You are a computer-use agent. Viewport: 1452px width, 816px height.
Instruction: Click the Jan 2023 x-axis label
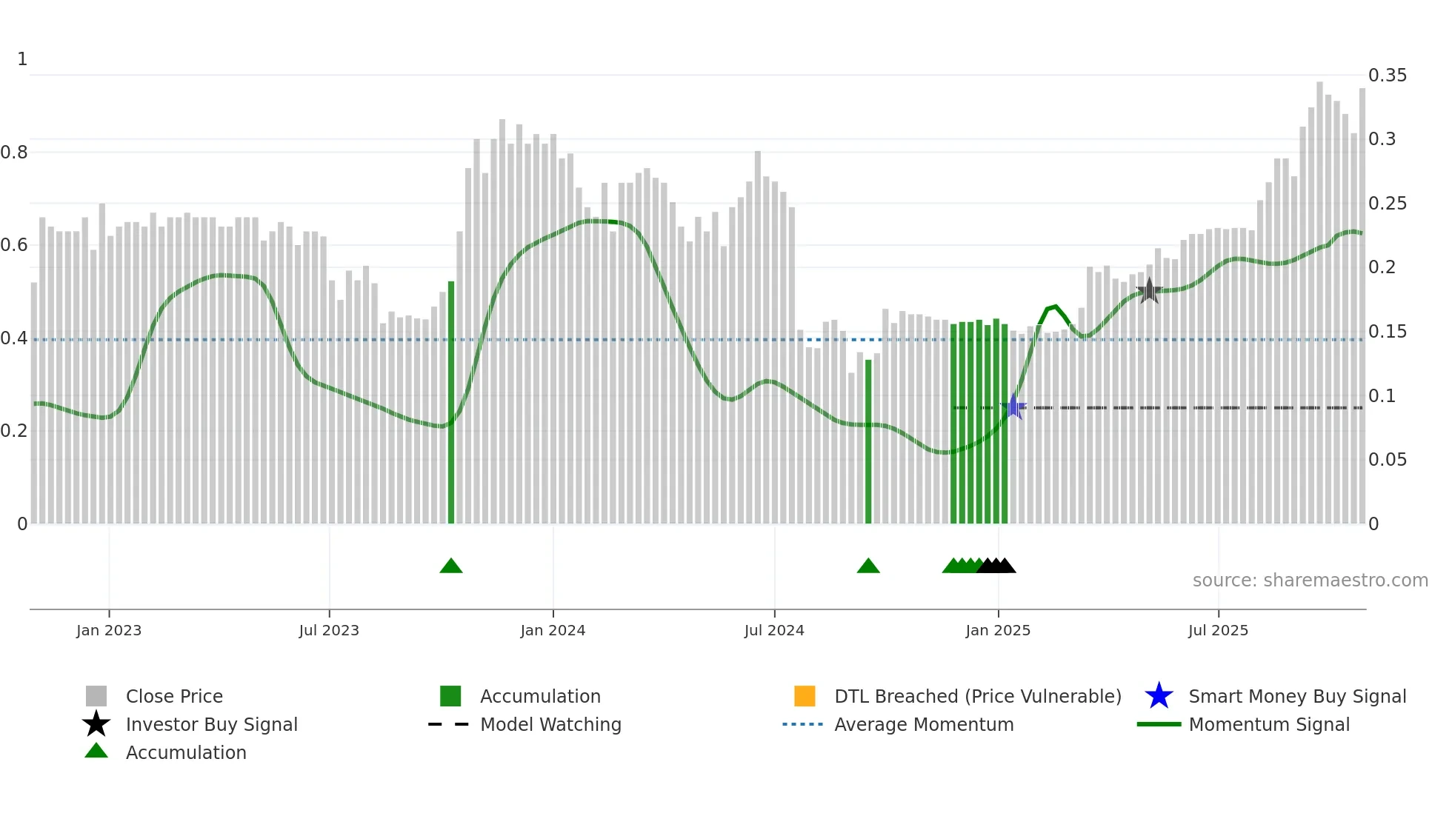tap(109, 630)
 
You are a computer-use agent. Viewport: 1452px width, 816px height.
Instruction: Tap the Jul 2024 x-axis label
tap(774, 630)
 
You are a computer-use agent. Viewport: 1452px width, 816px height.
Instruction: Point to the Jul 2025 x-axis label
tap(1218, 630)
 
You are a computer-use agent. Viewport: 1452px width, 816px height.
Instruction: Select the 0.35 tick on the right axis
tap(1387, 76)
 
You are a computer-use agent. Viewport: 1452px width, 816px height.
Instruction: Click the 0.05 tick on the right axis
tap(1387, 460)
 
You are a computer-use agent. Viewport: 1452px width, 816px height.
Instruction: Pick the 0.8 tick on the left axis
tap(14, 153)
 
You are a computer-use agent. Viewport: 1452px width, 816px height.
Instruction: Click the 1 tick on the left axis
tap(22, 59)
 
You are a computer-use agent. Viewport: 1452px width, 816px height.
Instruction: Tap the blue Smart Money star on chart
tap(1013, 407)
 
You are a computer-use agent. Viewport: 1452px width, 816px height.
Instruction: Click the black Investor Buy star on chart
tap(1149, 291)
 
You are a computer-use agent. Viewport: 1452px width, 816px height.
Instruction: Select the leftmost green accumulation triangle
tap(451, 566)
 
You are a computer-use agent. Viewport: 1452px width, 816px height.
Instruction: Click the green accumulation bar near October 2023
tap(451, 404)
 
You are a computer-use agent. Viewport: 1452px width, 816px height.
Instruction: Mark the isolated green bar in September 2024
tap(868, 442)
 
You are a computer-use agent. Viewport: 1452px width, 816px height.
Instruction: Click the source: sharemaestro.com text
tap(1310, 581)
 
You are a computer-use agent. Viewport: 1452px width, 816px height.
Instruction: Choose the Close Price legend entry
tap(174, 696)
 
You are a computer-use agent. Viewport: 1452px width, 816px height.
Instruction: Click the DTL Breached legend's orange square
tap(805, 696)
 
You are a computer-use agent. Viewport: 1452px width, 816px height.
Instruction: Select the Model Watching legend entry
tap(550, 724)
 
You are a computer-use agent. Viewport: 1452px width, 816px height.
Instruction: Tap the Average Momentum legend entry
tap(923, 724)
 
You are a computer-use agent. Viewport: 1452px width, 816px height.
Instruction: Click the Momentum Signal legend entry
tap(1268, 724)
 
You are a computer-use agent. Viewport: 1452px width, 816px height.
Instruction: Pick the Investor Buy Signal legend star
tap(96, 724)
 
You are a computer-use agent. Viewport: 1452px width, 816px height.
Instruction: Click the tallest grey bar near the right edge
tap(1319, 304)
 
